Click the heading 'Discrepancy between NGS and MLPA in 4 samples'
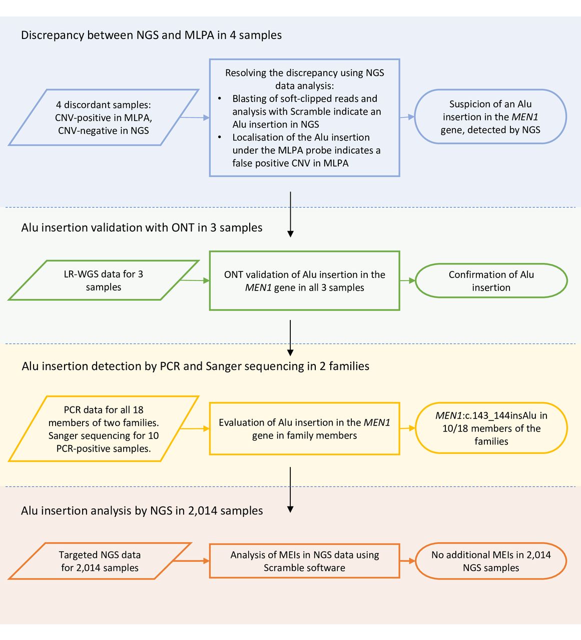(151, 35)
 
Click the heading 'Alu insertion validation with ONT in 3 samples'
(142, 227)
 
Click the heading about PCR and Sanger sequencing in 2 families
(195, 366)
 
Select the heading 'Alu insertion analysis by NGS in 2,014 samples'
(142, 511)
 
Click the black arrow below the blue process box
(290, 214)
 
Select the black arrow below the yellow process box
(290, 490)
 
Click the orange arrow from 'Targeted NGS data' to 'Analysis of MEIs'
(191, 561)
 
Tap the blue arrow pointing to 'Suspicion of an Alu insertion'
(407, 117)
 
